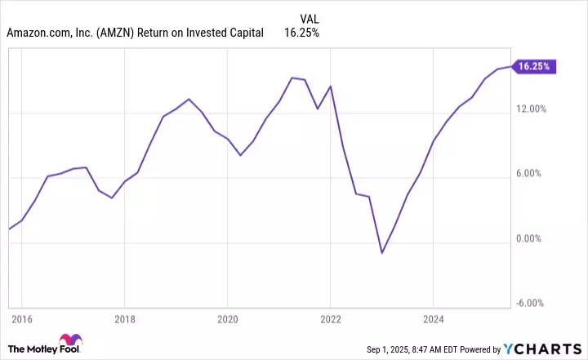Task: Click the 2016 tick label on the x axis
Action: pos(21,318)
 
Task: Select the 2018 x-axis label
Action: pos(124,318)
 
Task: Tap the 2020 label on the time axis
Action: pos(227,318)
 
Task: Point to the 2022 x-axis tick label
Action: pos(330,318)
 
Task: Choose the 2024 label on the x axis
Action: pos(433,318)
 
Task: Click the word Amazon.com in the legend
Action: pos(36,33)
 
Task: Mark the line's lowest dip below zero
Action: pos(381,253)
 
